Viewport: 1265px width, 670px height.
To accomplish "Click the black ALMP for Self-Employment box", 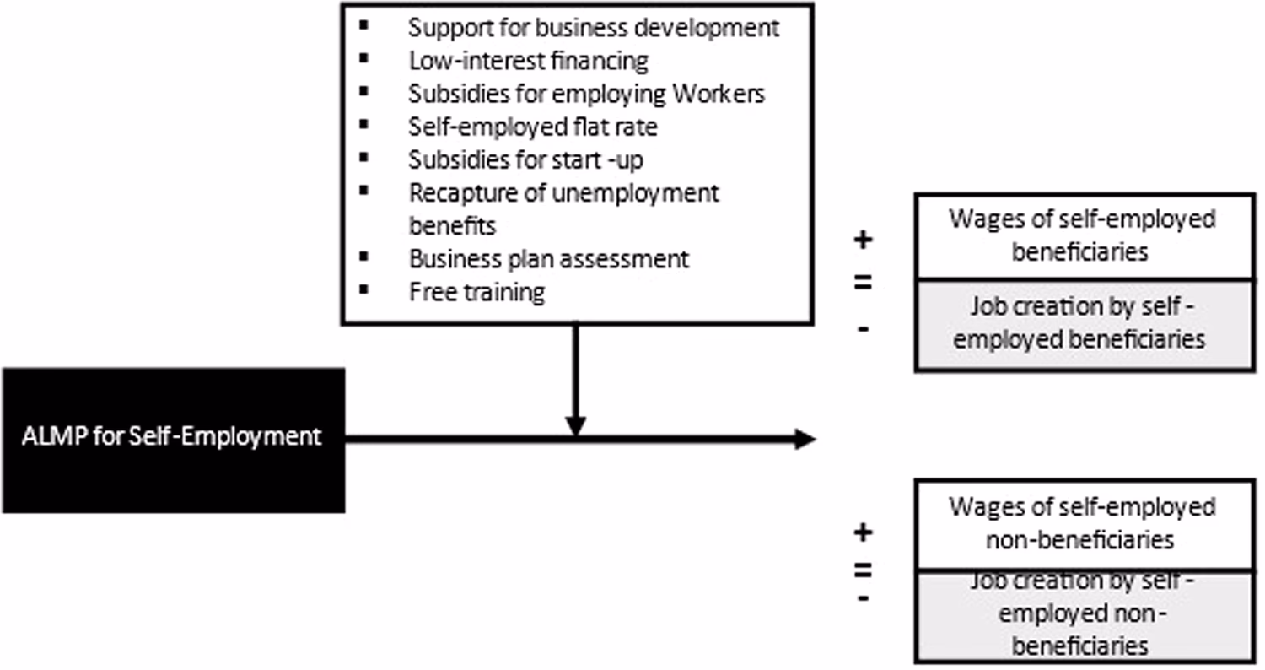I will pyautogui.click(x=172, y=440).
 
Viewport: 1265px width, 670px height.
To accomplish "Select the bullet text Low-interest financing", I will pyautogui.click(x=529, y=61).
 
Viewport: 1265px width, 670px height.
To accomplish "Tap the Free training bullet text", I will pyautogui.click(x=476, y=292).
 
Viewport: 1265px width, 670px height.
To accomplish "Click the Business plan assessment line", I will pyautogui.click(x=549, y=258).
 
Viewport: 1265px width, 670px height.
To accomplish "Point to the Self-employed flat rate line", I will pyautogui.click(x=533, y=127).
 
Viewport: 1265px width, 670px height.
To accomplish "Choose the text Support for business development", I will pyautogui.click(x=594, y=27).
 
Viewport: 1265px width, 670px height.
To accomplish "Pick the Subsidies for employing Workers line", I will pyautogui.click(x=587, y=94).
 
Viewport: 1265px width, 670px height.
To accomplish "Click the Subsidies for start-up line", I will pyautogui.click(x=526, y=159).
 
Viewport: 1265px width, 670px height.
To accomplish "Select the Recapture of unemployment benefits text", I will pyautogui.click(x=563, y=208).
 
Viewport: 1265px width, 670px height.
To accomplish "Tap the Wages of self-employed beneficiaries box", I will pyautogui.click(x=1083, y=235).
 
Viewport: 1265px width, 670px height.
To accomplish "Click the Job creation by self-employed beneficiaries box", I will pyautogui.click(x=1083, y=324).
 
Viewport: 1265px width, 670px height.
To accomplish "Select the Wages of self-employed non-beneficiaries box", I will pyautogui.click(x=1083, y=523).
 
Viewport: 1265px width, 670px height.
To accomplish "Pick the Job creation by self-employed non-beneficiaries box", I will pyautogui.click(x=1083, y=616).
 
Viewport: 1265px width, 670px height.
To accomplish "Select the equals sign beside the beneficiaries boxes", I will pyautogui.click(x=863, y=283).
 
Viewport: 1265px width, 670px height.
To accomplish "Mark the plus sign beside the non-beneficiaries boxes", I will pyautogui.click(x=863, y=532).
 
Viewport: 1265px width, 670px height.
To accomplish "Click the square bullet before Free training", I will pyautogui.click(x=363, y=290).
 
